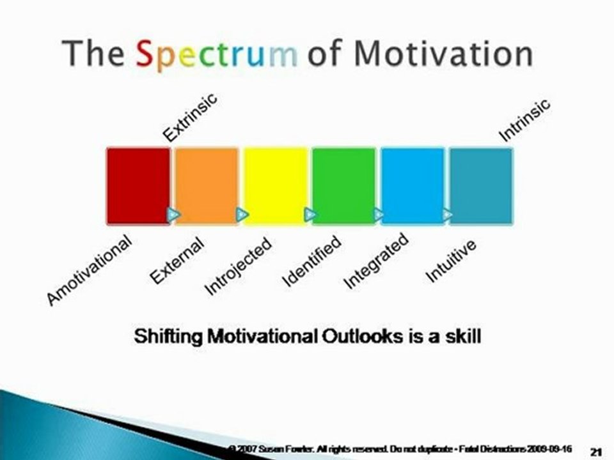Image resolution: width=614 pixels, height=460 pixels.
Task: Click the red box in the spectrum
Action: pyautogui.click(x=138, y=185)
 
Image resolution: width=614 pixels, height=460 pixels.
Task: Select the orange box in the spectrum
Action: pyautogui.click(x=207, y=185)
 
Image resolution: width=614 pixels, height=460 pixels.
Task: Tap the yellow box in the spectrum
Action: pyautogui.click(x=276, y=185)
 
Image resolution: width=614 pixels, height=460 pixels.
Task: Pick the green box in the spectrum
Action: pyautogui.click(x=343, y=185)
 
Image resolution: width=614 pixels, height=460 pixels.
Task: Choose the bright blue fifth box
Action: pyautogui.click(x=412, y=185)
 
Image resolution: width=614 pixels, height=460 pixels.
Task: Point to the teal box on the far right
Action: pyautogui.click(x=481, y=185)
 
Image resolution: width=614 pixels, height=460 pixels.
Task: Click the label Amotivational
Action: pyautogui.click(x=90, y=270)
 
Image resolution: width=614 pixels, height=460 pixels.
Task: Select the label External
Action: pyautogui.click(x=177, y=260)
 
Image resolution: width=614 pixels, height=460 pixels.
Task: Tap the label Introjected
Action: pyautogui.click(x=238, y=266)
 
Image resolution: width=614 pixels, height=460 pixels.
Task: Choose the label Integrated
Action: pyautogui.click(x=376, y=262)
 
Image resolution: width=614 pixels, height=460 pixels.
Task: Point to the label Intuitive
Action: pyautogui.click(x=452, y=260)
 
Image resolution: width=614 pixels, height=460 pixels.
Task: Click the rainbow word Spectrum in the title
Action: pyautogui.click(x=217, y=54)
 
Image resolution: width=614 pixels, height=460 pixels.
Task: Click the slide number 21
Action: pyautogui.click(x=595, y=452)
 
